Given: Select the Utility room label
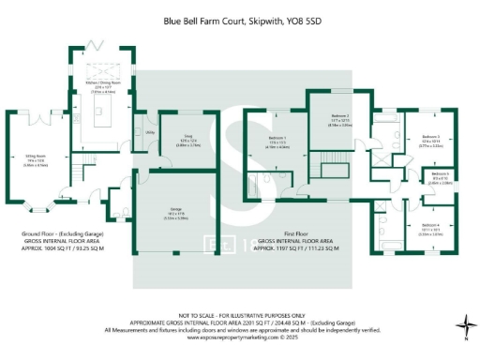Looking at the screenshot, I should [150, 134].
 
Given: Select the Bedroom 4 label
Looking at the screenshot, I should [429, 226].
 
